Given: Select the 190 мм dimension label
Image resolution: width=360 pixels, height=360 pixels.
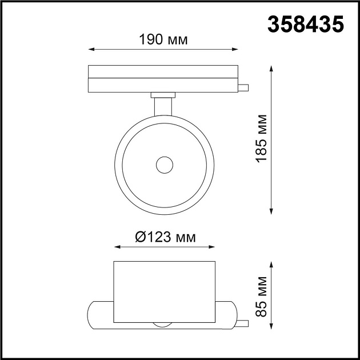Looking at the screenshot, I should (163, 40).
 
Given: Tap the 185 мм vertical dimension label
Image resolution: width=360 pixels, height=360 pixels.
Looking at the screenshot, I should (262, 139).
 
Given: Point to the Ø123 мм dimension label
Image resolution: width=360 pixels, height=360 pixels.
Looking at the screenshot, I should (165, 237).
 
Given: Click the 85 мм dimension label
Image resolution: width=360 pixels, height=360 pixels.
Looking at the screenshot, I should (262, 295).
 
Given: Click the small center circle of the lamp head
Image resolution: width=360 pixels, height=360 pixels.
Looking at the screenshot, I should (165, 165).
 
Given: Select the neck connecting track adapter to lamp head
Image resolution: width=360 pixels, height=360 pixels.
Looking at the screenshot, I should (164, 109).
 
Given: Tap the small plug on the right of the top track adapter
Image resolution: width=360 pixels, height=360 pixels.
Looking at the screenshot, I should (244, 87).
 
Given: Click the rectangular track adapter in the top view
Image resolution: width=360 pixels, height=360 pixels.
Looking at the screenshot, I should (163, 79).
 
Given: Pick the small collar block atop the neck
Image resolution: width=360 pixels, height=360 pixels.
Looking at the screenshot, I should (164, 95).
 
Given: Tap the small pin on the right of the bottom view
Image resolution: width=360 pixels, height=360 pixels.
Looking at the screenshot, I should (244, 323).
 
